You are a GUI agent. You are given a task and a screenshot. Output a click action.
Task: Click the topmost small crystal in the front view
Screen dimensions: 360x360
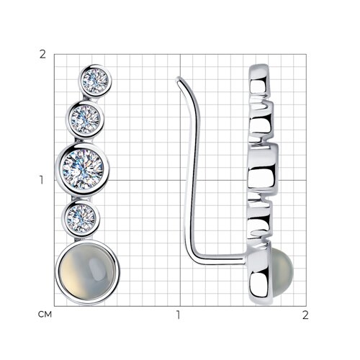(95, 81)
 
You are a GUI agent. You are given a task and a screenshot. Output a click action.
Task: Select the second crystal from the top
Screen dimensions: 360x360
(86, 120)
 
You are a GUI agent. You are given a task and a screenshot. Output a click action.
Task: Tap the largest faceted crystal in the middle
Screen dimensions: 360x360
(83, 168)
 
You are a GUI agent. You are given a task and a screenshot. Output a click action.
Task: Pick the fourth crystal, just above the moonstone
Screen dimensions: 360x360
(81, 218)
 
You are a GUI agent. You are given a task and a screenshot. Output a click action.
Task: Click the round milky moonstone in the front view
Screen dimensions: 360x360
(88, 272)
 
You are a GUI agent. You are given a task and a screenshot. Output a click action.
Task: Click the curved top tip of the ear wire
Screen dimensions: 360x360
(179, 79)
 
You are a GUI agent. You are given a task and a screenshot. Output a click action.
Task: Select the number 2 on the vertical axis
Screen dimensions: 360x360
(42, 55)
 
